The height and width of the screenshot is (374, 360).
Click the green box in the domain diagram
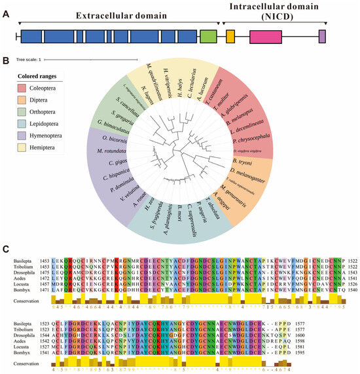(x=208, y=37)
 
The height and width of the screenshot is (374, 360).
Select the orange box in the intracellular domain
(x=230, y=37)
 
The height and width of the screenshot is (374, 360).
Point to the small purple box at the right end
(x=322, y=37)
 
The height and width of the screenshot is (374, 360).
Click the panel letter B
(x=5, y=61)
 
